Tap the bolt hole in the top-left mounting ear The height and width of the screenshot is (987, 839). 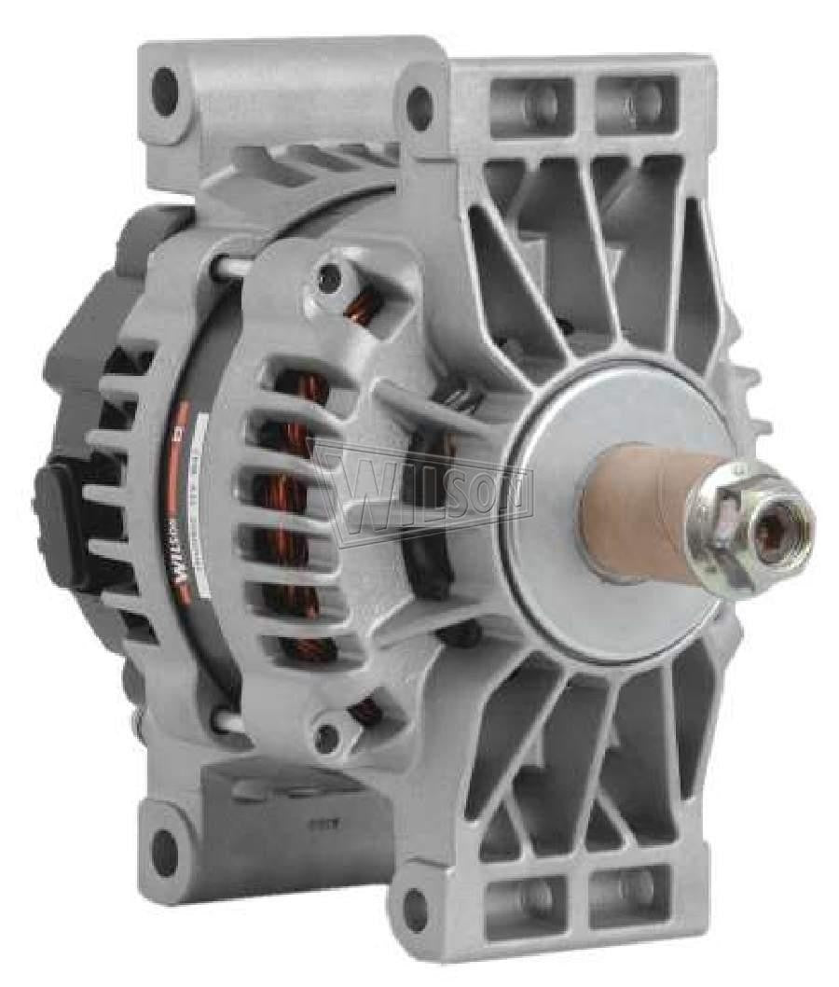(165, 90)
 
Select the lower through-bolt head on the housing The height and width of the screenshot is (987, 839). (325, 737)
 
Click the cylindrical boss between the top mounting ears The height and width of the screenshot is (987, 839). (289, 103)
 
